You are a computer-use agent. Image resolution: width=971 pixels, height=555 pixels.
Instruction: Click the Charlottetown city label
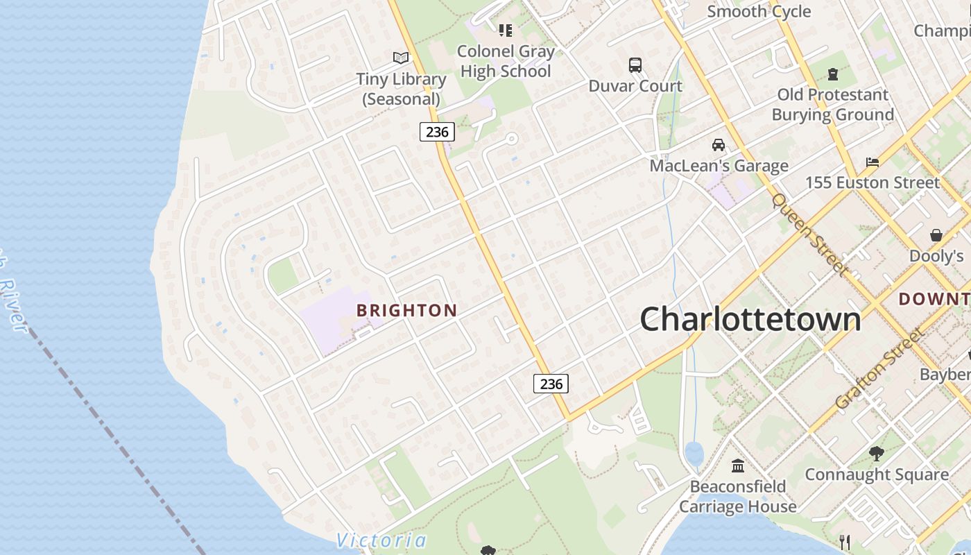750,319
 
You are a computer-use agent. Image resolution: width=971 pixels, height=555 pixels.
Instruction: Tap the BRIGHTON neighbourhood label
407,311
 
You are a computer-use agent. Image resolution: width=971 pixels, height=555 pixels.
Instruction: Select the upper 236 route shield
437,131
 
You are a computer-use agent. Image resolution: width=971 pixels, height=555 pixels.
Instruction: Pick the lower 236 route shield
551,384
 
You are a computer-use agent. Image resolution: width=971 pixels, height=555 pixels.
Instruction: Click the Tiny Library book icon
401,58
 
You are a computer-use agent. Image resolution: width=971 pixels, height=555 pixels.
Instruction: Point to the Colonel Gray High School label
506,61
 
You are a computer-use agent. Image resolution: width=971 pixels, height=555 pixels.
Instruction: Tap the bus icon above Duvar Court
635,65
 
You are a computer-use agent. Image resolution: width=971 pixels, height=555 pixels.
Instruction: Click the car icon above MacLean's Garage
719,145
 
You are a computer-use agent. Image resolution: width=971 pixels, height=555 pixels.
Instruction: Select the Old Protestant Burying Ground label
833,105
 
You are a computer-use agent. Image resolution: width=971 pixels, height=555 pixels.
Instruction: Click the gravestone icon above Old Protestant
833,74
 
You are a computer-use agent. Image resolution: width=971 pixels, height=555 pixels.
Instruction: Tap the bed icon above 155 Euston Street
873,162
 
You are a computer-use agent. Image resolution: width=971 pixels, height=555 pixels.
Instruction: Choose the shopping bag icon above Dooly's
936,235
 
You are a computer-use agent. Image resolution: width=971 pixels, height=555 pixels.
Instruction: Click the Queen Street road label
809,234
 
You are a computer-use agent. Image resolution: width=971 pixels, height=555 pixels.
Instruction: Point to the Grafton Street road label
879,369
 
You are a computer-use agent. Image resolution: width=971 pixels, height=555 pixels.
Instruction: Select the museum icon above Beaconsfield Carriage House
738,465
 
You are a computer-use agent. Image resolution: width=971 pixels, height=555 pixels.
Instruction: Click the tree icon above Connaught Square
877,454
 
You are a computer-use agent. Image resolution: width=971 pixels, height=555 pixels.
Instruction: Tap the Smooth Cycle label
759,11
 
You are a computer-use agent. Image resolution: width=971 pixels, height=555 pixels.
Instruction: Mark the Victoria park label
381,540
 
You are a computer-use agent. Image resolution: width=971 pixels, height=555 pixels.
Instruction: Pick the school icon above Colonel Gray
506,31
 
